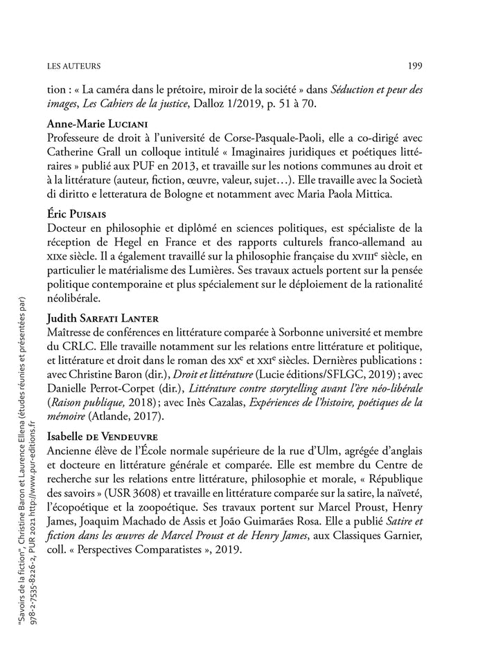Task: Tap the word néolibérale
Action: (x=75, y=299)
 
